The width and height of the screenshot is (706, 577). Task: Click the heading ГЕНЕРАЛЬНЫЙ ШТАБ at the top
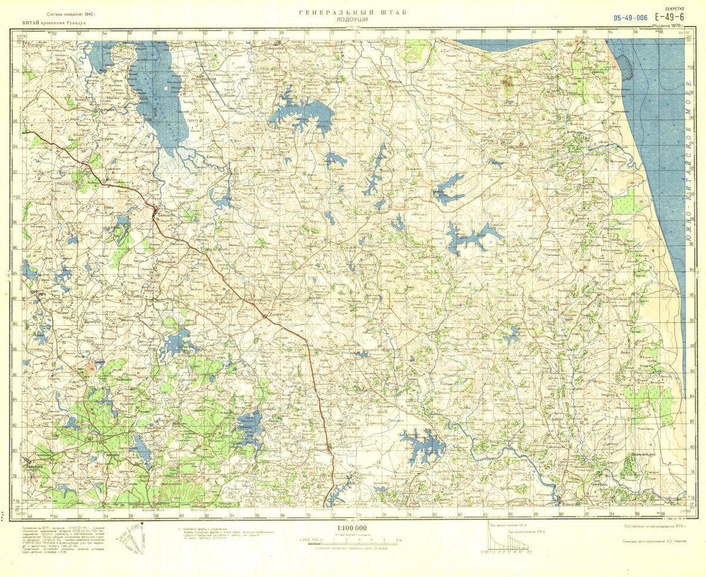[x=352, y=12]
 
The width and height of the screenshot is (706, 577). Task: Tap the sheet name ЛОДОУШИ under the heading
[x=352, y=19]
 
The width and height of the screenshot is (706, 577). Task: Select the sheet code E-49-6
[x=671, y=18]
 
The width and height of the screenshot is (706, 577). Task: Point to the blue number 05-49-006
[x=630, y=18]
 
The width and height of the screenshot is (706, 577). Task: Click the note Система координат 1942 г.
[x=68, y=14]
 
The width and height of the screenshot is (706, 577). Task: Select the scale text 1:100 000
[x=352, y=528]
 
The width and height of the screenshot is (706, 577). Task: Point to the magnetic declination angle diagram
[x=129, y=538]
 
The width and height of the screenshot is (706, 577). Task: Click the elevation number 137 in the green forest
[x=89, y=439]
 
